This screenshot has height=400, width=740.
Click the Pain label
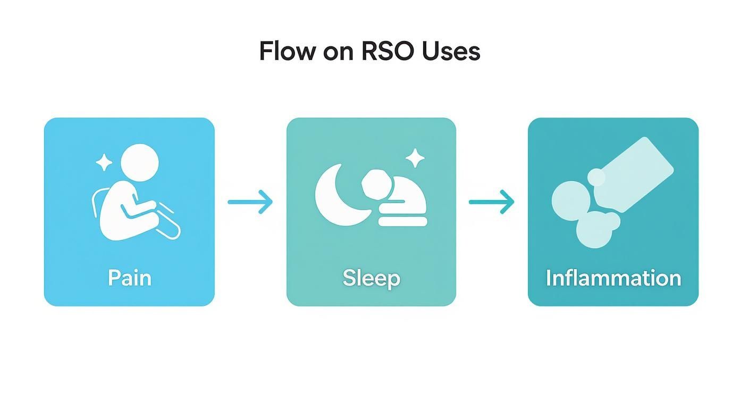coord(129,278)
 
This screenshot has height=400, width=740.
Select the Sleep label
coord(371,278)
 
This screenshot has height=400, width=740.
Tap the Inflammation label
coord(613,278)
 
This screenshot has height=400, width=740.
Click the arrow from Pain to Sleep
coord(250,202)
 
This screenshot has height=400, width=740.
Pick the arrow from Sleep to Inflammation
coord(491,202)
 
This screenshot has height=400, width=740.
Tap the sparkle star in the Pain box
coord(104,162)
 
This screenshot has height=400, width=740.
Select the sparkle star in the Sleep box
coord(415,158)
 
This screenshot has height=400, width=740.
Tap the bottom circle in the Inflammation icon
coord(594,231)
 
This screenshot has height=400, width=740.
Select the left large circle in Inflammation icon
coord(570,200)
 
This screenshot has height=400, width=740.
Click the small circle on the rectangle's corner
coord(596,177)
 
